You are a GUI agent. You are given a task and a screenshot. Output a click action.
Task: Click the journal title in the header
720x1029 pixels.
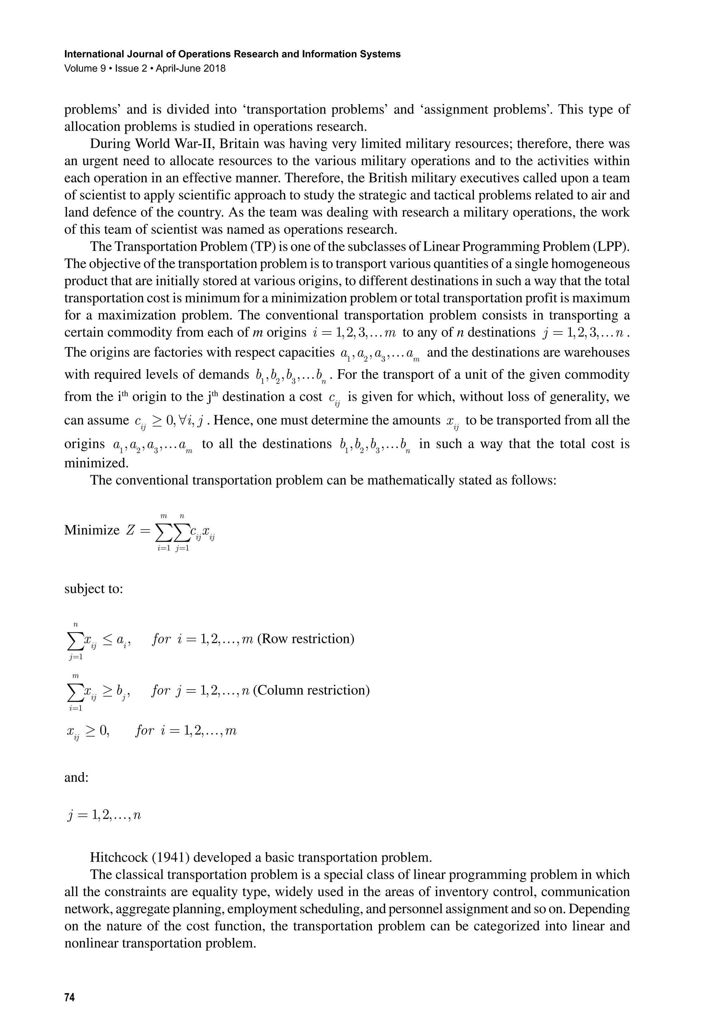pos(232,54)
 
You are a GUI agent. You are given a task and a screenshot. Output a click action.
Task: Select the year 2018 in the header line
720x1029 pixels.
pos(215,69)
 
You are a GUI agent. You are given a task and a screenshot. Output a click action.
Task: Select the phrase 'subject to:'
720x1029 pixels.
pos(93,588)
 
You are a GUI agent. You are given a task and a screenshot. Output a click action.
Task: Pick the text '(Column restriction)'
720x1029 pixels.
pos(311,690)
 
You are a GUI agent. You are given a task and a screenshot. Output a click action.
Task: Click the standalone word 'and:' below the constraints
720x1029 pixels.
pos(77,777)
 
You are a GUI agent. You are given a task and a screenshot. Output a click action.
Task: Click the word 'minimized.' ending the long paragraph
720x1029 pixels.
pos(96,463)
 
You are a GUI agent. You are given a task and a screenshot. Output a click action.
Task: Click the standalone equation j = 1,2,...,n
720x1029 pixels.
pos(104,815)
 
